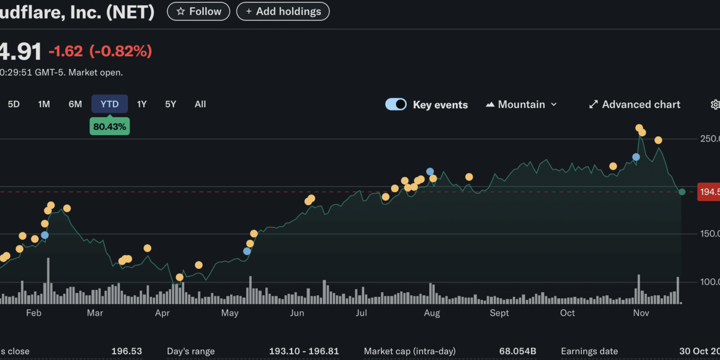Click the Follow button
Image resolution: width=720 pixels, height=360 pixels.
click(x=199, y=11)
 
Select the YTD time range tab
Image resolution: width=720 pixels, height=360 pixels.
click(x=110, y=104)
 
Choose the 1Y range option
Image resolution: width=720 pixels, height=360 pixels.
click(x=142, y=104)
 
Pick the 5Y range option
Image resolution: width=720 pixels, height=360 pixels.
click(x=171, y=104)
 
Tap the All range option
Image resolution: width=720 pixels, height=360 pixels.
click(x=200, y=104)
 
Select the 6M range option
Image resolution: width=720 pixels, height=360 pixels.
click(x=75, y=104)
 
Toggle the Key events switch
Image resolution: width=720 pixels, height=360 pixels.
click(x=396, y=104)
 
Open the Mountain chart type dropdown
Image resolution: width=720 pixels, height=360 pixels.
click(x=521, y=104)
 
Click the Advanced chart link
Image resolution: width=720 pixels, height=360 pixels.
click(x=635, y=104)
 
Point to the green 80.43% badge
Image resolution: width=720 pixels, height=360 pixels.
click(x=110, y=127)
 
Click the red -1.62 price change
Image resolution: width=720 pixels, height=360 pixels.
click(x=65, y=51)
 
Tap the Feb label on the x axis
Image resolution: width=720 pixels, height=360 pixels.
click(x=33, y=313)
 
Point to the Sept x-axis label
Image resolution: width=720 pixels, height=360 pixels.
click(x=499, y=313)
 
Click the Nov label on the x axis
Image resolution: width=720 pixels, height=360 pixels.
click(x=641, y=313)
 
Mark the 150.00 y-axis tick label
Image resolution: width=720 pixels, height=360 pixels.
click(x=710, y=234)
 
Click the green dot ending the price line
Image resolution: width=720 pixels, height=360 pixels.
click(x=682, y=192)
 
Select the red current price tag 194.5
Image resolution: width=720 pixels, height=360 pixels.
click(x=709, y=192)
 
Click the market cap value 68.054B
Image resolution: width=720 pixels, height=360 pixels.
click(x=517, y=352)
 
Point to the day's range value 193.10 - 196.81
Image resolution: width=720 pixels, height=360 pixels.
click(x=304, y=352)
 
